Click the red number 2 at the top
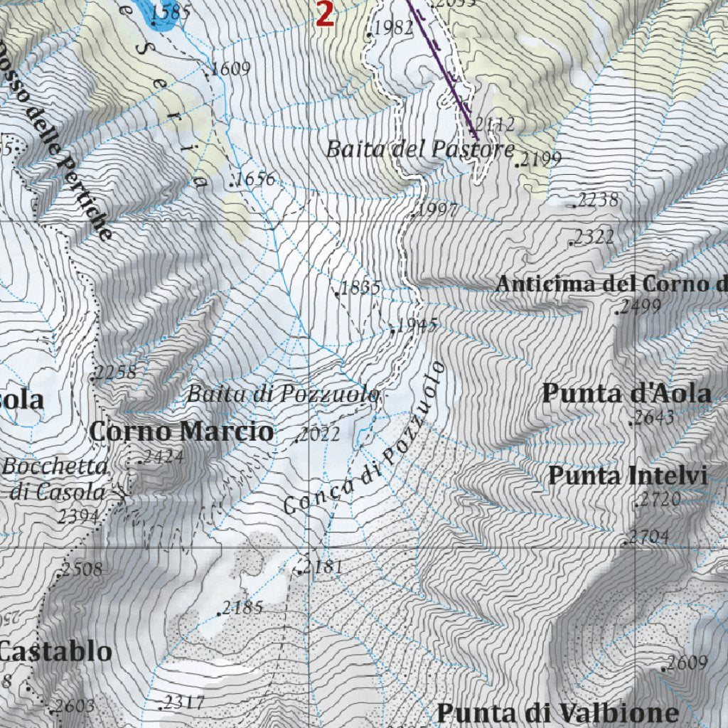[x=325, y=15]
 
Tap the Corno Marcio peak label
[x=181, y=431]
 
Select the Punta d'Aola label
[x=626, y=393]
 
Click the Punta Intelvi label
[x=628, y=476]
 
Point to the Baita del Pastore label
[x=420, y=149]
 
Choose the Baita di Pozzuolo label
[x=283, y=394]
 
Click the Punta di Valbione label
[x=557, y=712]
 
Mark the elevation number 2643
[x=654, y=417]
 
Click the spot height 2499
[x=641, y=307]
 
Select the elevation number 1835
[x=360, y=288]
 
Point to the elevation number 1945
[x=417, y=326]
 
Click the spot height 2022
[x=319, y=434]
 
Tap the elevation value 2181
[x=323, y=567]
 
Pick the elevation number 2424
[x=164, y=456]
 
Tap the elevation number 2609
[x=687, y=663]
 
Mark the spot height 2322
[x=594, y=237]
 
